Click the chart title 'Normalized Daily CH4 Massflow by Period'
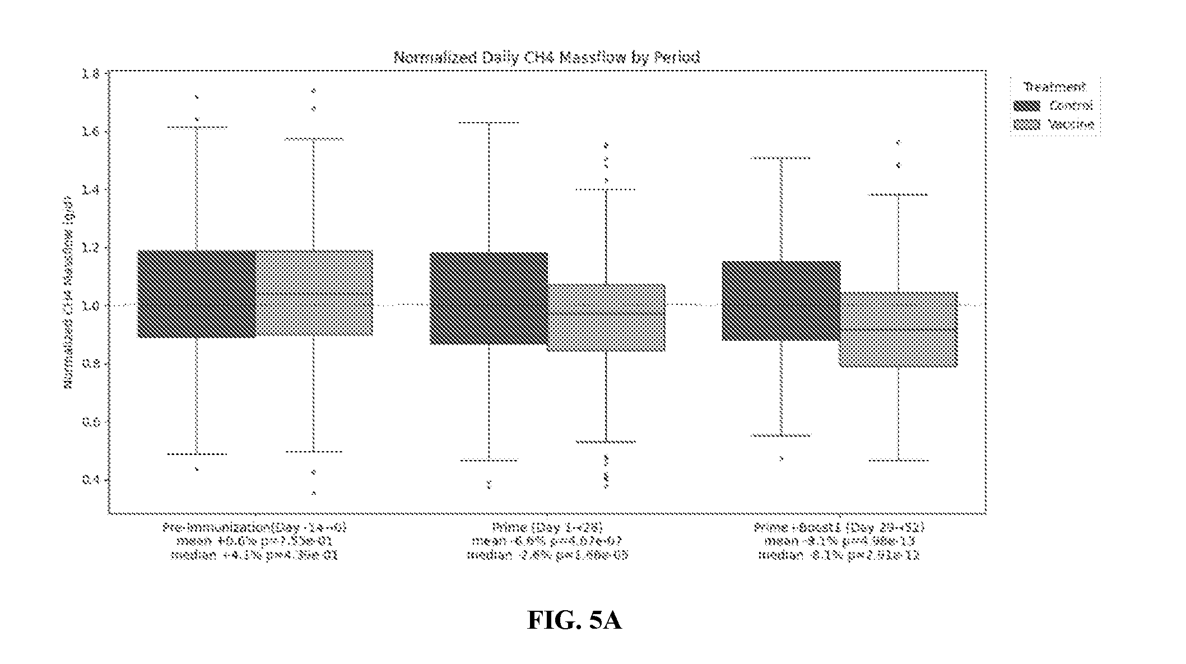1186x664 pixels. tap(547, 57)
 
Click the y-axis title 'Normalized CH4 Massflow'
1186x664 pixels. tap(68, 291)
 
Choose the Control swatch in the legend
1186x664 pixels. tap(1026, 106)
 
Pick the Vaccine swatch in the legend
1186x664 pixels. tap(1026, 124)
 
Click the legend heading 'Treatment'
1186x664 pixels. tap(1054, 87)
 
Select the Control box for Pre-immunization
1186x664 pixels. tap(197, 294)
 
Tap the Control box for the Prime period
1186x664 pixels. tap(489, 298)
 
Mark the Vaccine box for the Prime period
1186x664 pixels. tap(606, 318)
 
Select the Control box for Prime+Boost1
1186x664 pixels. tap(781, 301)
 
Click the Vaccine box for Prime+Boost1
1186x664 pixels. tap(898, 329)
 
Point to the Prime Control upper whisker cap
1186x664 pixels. tap(489, 122)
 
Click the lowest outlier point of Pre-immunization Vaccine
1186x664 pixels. tap(314, 493)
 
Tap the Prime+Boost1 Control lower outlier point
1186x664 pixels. tap(781, 459)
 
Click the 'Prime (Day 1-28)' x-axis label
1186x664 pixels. tap(547, 527)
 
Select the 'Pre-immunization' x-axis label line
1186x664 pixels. tap(255, 527)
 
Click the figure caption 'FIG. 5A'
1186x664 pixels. tap(574, 620)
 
